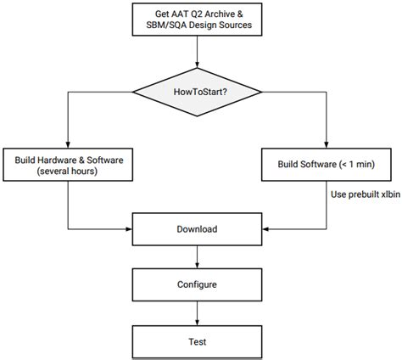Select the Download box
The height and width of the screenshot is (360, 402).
point(197,229)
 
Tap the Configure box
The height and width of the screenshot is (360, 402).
point(197,285)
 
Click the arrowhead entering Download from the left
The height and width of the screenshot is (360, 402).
point(129,229)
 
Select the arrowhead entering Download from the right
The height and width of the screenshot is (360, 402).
point(265,229)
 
